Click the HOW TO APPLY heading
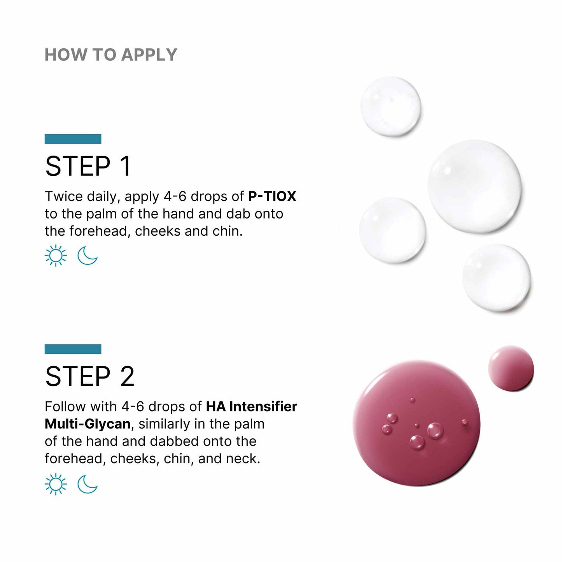[x=111, y=55]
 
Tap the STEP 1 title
[x=88, y=166]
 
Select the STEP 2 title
[x=90, y=376]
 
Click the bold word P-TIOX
[x=272, y=196]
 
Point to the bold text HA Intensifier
[x=251, y=406]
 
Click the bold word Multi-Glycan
[x=88, y=424]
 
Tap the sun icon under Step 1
[x=56, y=256]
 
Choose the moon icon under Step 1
[x=88, y=256]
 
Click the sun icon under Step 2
[x=56, y=484]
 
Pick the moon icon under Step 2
[x=88, y=484]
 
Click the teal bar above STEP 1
[x=73, y=139]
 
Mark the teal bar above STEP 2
[x=73, y=349]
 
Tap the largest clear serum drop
[x=474, y=187]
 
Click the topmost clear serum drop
[x=390, y=107]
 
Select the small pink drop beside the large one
[x=511, y=368]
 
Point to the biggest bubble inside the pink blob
[x=435, y=431]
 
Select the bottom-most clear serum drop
[x=496, y=278]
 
